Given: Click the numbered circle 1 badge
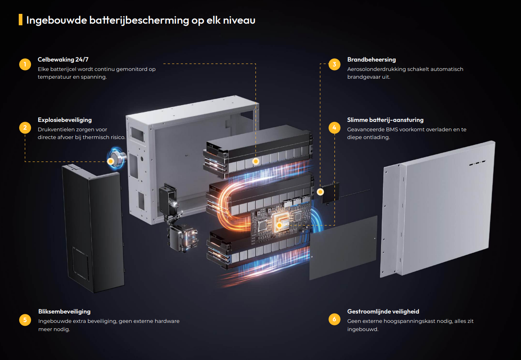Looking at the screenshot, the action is [25, 64].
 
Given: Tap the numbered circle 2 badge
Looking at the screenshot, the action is [25, 128].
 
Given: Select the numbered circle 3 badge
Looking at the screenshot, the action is [334, 64].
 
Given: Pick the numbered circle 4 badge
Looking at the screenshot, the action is [334, 128].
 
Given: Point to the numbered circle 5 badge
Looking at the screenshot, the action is [25, 320].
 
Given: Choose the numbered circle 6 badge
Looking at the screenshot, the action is [334, 319].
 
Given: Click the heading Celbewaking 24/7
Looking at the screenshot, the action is [63, 60].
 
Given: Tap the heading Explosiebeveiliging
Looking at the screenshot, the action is [65, 120].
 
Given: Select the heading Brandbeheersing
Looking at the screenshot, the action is [372, 60].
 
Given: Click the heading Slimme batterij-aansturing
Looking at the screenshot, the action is [385, 120].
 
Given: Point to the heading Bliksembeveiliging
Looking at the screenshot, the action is [64, 311].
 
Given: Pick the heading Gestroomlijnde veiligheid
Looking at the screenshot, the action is [383, 311].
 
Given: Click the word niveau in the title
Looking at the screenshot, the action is [239, 20].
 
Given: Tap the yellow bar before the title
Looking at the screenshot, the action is [20, 20].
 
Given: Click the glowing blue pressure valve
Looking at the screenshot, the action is [117, 158].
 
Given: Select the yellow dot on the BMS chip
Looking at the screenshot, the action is [279, 225].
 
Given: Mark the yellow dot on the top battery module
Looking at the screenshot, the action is [256, 161].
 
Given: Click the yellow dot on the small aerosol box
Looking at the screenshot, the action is [320, 192].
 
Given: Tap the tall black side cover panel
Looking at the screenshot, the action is [93, 228].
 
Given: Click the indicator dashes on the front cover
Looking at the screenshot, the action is [477, 163].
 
